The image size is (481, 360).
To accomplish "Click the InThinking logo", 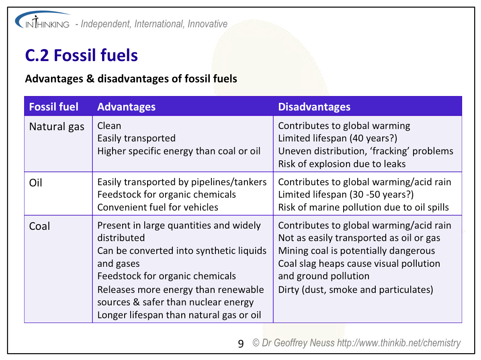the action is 43,20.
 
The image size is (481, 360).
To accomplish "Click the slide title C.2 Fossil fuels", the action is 81,55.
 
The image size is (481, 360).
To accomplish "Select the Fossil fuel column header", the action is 54,107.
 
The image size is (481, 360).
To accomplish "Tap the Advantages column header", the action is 127,107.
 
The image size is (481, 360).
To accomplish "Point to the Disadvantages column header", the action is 314,107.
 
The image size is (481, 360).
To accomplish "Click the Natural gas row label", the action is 57,127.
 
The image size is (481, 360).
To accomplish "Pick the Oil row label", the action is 36,183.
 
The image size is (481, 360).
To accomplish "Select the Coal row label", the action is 39,226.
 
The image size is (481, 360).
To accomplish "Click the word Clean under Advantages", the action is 109,126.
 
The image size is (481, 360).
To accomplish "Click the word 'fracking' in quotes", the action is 387,151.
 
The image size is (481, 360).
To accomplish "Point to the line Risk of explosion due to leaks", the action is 342,164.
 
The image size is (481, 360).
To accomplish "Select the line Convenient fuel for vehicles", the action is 158,207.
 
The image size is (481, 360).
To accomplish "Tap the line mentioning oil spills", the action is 364,208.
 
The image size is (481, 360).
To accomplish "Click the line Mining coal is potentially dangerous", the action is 356,251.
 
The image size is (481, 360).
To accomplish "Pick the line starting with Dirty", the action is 356,290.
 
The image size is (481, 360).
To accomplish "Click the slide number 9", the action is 241,344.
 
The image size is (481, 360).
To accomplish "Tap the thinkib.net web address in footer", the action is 399,343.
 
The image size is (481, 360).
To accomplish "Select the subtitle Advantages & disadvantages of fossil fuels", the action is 131,79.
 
